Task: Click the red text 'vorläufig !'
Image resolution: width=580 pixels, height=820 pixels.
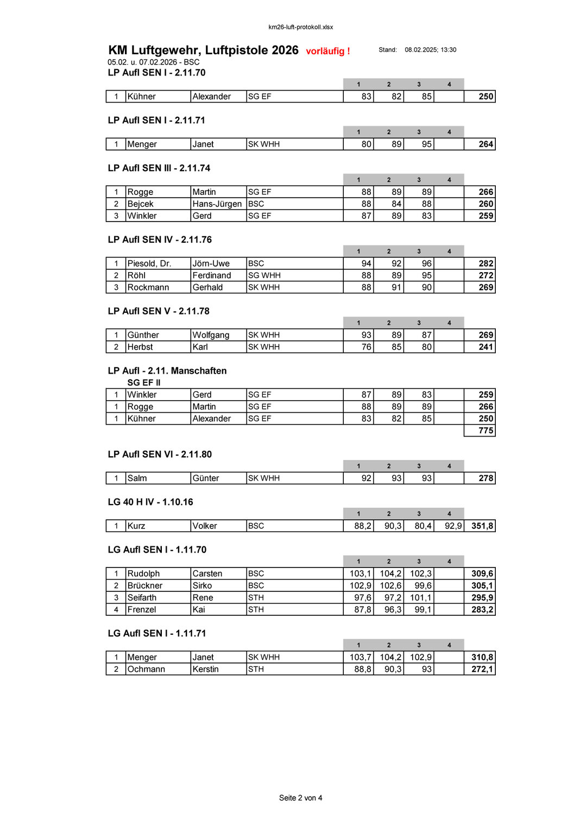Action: (328, 51)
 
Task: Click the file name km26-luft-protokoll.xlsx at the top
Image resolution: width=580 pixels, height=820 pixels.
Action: (300, 27)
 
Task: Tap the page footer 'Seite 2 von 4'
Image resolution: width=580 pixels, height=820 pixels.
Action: (300, 798)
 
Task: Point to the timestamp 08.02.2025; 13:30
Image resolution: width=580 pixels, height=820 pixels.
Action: (430, 50)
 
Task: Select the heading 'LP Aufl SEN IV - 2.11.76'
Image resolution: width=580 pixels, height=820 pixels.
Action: (160, 239)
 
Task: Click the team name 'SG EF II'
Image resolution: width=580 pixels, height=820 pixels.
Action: (143, 382)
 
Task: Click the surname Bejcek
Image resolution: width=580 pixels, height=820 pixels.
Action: (140, 204)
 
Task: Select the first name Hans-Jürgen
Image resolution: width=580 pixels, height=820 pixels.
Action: (217, 204)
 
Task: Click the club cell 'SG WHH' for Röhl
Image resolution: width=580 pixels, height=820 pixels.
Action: (264, 275)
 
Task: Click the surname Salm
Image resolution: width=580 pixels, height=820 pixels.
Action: (137, 478)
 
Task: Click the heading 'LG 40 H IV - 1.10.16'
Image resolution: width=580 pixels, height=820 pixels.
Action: (150, 502)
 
